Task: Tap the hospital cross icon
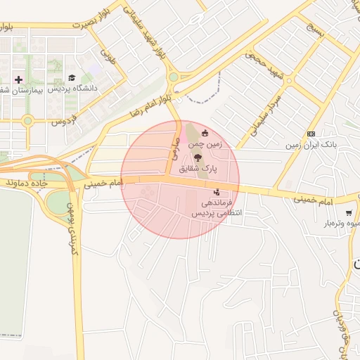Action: [18, 79]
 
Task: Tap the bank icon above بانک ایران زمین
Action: [311, 134]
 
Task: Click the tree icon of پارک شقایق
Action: [197, 157]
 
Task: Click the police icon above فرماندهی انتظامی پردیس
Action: [216, 191]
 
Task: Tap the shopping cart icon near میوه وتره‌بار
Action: [349, 213]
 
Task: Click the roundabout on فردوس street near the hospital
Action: [27, 120]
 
